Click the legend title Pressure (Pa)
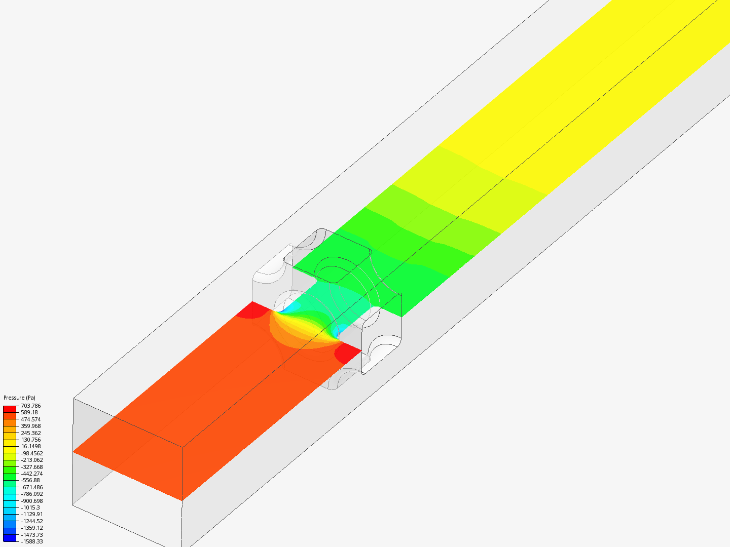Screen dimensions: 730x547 click(x=19, y=398)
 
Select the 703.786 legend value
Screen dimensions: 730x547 click(x=30, y=406)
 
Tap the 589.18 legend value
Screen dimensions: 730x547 click(x=29, y=412)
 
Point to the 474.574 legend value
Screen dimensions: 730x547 click(x=30, y=419)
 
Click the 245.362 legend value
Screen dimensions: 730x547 click(x=30, y=433)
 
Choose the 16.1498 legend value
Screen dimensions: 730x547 click(x=30, y=446)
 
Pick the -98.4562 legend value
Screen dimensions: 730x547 click(x=31, y=453)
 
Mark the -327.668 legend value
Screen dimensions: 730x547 click(x=31, y=466)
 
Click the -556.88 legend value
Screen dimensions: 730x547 click(x=30, y=480)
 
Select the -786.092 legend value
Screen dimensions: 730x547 click(x=31, y=493)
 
